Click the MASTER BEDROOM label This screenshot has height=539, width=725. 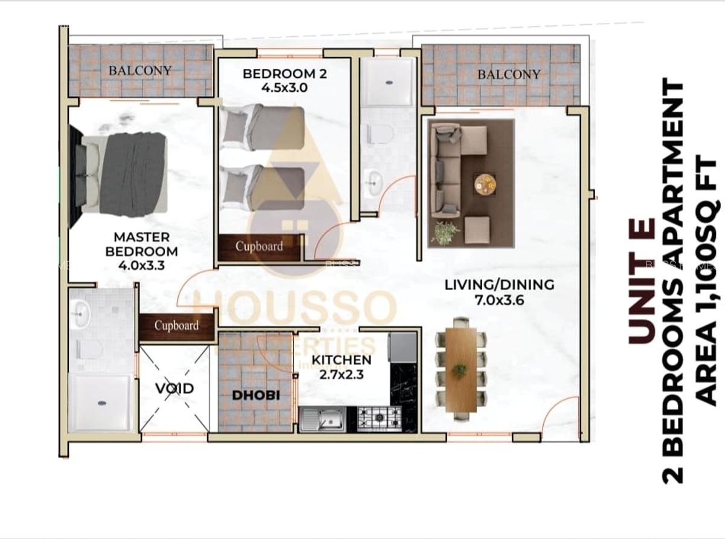(x=141, y=244)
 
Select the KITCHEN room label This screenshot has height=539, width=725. (x=341, y=360)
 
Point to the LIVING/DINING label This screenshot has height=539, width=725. (x=499, y=284)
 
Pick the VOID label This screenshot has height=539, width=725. (x=175, y=388)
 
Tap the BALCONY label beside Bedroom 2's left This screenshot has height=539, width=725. (x=140, y=70)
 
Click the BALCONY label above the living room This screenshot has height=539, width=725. (x=509, y=74)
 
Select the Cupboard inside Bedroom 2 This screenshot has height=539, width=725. (x=259, y=247)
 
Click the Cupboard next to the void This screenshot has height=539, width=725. (x=176, y=326)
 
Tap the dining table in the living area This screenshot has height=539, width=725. (x=462, y=370)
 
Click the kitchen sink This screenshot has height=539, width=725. (x=323, y=418)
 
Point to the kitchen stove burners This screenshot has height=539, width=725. (x=379, y=418)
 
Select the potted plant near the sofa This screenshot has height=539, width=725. (x=445, y=233)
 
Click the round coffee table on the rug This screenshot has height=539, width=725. (x=485, y=184)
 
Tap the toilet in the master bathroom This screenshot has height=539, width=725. (x=89, y=349)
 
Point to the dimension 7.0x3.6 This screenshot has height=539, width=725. (x=499, y=299)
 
